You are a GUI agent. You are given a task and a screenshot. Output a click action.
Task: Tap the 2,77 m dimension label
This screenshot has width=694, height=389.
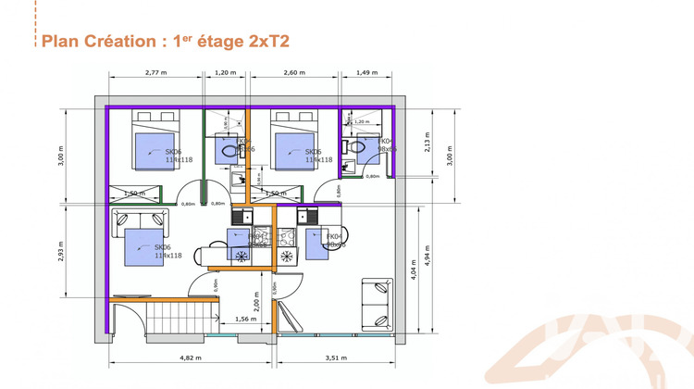click(156, 72)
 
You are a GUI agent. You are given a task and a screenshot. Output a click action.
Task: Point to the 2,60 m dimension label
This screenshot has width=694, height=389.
click(294, 72)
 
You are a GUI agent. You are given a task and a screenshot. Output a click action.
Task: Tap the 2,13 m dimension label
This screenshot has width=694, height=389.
click(428, 143)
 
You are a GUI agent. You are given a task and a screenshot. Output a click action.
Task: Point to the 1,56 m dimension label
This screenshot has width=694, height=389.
click(245, 319)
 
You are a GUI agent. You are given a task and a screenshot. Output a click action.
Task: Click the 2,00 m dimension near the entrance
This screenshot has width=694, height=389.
click(256, 305)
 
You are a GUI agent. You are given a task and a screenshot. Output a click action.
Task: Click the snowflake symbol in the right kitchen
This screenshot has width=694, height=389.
click(287, 255)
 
